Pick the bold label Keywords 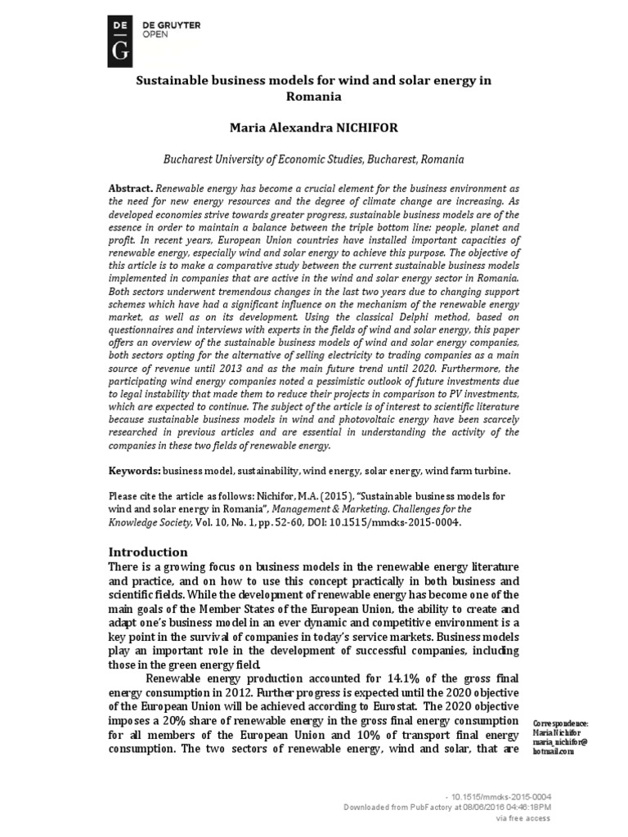135,472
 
